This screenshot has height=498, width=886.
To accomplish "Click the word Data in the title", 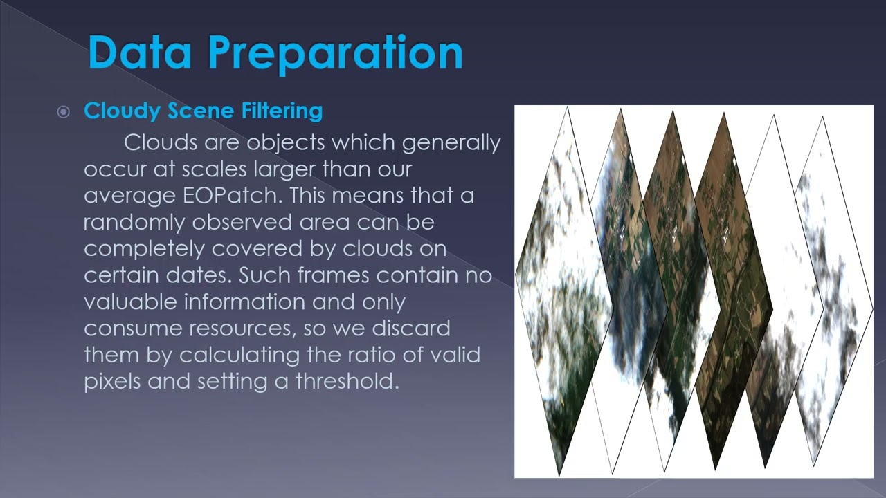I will [x=139, y=53].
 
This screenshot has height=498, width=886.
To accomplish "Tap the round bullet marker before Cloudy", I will [x=64, y=111].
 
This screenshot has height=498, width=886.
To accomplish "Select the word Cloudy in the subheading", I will [x=122, y=111].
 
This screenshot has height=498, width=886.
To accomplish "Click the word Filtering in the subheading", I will [x=282, y=111].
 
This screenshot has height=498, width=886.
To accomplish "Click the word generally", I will [x=451, y=143].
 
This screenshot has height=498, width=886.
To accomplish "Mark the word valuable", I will [x=125, y=302].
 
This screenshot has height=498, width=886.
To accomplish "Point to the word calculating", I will [x=231, y=355].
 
